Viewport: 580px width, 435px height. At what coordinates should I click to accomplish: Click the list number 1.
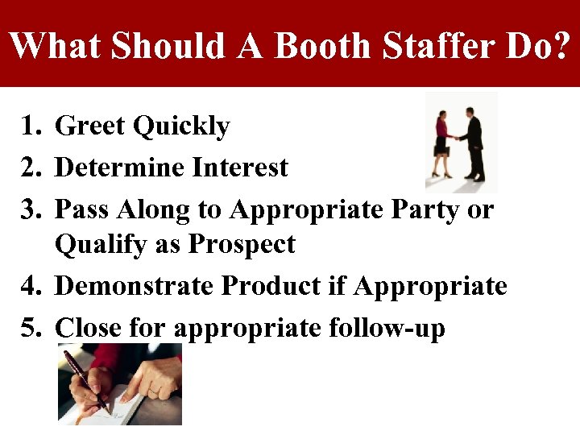tap(31, 126)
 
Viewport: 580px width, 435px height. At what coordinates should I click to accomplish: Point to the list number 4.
tap(31, 286)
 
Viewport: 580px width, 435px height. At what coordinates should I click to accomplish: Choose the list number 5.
tap(31, 328)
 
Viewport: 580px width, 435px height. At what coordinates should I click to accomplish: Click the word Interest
tap(240, 168)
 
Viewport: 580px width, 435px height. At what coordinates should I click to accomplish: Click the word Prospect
tap(242, 245)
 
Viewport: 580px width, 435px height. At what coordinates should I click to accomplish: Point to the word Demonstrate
tap(135, 286)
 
